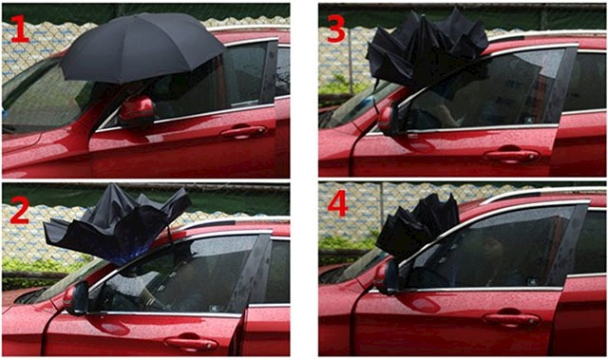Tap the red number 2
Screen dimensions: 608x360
pyautogui.click(x=19, y=210)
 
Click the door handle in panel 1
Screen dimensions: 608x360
pyautogui.click(x=243, y=131)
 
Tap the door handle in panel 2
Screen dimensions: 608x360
pyautogui.click(x=191, y=343)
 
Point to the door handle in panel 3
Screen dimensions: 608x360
pyautogui.click(x=511, y=154)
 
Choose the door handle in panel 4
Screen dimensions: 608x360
pyautogui.click(x=511, y=318)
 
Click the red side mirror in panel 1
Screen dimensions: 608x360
pyautogui.click(x=137, y=111)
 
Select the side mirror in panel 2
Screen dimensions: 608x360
pyautogui.click(x=76, y=297)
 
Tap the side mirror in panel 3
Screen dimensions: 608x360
pyautogui.click(x=389, y=119)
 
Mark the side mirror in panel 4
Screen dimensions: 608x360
pyautogui.click(x=387, y=276)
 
